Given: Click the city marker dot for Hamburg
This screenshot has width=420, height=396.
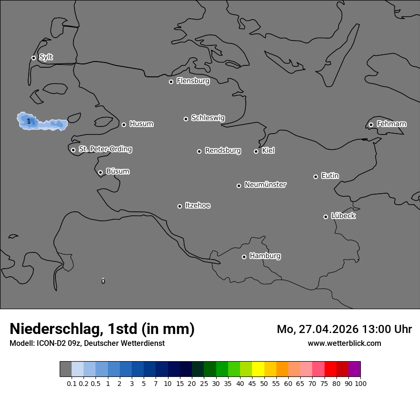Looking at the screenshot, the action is coord(244,257).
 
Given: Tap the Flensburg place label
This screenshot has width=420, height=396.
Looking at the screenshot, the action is coord(193,81).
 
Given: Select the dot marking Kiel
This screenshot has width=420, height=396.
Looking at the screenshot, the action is coord(256,151).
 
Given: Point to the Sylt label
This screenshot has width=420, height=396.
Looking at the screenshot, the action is coord(46,57).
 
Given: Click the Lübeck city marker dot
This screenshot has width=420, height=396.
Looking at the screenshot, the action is coord(325,217).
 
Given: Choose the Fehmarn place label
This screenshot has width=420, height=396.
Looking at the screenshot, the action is coord(391,124).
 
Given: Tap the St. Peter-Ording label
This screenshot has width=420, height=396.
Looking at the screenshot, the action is coord(105,149).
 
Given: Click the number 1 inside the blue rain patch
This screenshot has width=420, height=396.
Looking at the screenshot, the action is coord(29,122).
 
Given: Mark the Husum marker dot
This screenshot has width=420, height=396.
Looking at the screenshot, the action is coord(124,125).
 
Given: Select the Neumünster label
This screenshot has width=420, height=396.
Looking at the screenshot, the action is coord(265,185).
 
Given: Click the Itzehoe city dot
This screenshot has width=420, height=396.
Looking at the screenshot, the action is coord(179,206).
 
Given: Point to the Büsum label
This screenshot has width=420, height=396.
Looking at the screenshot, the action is coord(117,171).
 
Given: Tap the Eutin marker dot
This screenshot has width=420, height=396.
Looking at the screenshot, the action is coord(315,177).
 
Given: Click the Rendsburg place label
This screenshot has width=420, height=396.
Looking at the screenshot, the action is coord(223,151).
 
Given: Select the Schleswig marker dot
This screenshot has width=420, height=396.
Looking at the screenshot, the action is coord(186,119).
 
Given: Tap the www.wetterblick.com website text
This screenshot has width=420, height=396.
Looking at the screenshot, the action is coord(344,343).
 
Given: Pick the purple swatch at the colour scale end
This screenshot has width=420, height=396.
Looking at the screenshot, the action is coord(354,369).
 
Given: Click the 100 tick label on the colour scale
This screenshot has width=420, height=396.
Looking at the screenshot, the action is coord(360,383).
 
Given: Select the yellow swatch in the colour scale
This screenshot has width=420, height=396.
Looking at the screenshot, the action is coord(258,369).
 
